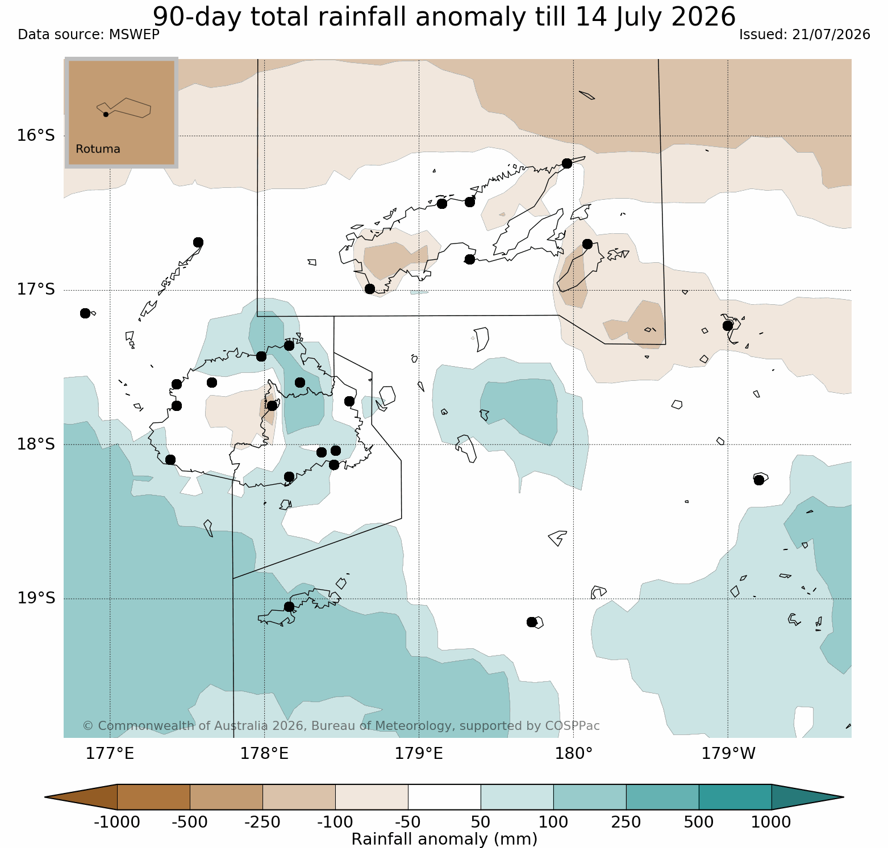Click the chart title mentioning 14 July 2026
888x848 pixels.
pos(444,17)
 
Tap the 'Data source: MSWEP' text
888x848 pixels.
pos(89,35)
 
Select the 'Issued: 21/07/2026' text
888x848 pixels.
pos(804,35)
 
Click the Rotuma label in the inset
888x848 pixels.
pos(98,149)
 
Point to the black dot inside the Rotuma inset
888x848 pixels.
pos(106,114)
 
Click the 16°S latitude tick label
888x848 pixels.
pos(36,136)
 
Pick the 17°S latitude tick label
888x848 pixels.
pos(36,289)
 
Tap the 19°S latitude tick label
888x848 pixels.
pos(36,598)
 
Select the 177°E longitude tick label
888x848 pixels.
pos(110,754)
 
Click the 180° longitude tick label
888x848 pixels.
pos(574,754)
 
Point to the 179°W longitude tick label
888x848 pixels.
pos(728,754)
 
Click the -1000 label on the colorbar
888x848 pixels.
pos(117,822)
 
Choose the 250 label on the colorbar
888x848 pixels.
pos(626,822)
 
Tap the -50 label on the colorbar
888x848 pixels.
pos(408,822)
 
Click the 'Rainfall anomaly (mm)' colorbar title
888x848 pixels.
pos(444,839)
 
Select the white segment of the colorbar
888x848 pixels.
pos(444,797)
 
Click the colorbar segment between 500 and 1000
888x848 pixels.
pos(735,797)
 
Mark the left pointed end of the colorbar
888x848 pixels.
pos(45,797)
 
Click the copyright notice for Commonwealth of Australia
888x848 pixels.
pos(341,726)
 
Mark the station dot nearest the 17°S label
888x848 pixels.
pos(85,313)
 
